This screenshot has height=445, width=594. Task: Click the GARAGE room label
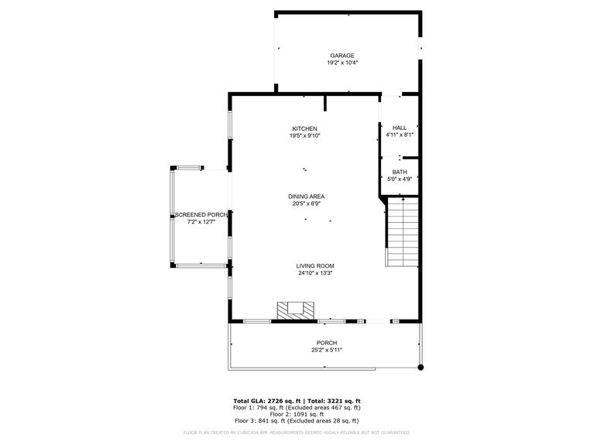tap(342, 56)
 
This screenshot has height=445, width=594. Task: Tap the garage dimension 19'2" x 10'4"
tap(342, 63)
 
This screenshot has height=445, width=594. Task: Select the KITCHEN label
tap(304, 128)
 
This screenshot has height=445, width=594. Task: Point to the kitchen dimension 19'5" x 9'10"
tap(304, 135)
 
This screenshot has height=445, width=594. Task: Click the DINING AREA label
tap(307, 197)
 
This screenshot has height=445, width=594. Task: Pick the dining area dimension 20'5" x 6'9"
tap(307, 204)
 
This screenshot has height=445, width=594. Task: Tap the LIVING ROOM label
tap(314, 265)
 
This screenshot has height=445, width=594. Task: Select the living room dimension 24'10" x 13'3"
tap(314, 272)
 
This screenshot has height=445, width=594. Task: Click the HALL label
tap(400, 128)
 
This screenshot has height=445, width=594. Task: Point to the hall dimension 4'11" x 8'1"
tap(400, 135)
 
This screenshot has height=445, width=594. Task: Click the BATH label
tap(400, 172)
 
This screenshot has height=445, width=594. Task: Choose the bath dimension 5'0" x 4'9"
tap(400, 179)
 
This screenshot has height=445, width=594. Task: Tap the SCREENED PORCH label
tap(201, 214)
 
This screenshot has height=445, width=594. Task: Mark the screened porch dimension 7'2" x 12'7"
tap(201, 221)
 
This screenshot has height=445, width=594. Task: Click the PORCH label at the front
tap(327, 343)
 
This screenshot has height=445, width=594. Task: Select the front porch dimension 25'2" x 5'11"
tap(327, 350)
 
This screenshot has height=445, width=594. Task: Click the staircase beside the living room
tap(403, 231)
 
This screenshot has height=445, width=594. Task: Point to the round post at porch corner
tap(421, 367)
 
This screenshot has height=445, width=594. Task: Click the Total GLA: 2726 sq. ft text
tap(266, 401)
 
